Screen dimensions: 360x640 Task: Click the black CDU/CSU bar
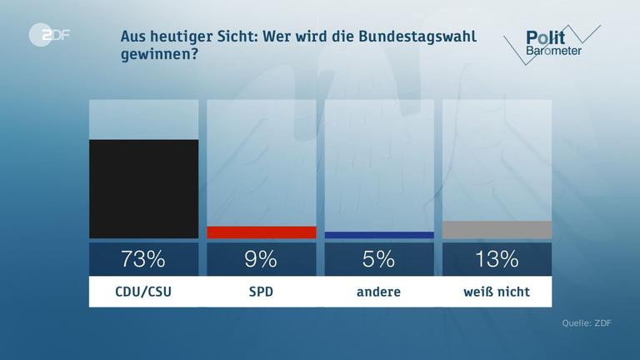pos(143,188)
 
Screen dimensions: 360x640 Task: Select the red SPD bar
pos(261,232)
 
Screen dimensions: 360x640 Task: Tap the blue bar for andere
pos(378,235)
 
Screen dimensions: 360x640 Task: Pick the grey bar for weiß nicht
pos(497,230)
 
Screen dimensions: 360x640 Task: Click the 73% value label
pos(143,259)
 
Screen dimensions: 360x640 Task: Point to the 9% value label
pos(261,259)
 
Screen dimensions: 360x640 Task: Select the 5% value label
pos(378,259)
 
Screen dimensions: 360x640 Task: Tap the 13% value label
pos(497,259)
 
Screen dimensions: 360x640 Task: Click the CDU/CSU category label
pos(143,292)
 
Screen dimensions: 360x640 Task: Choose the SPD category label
pos(261,292)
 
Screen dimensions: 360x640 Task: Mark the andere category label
pos(378,292)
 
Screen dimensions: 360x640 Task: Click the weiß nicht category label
pos(497,292)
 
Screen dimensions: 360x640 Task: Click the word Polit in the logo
pos(546,37)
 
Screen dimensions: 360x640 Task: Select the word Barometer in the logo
pos(553,52)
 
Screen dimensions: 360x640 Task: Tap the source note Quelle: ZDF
pos(586,323)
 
